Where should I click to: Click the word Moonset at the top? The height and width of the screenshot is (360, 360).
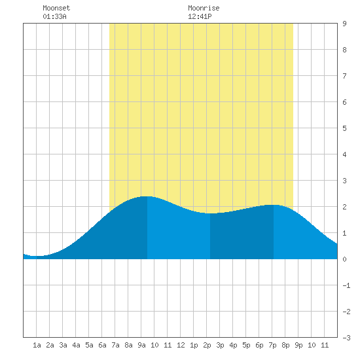tap(56, 8)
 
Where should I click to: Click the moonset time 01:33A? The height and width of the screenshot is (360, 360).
tap(54, 16)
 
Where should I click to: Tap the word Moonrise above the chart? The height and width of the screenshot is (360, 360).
tap(204, 8)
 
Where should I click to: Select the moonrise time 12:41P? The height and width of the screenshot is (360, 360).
tap(200, 16)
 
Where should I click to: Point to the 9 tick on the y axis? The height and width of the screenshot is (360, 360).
tap(344, 24)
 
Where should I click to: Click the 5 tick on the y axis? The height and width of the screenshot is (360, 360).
tap(344, 128)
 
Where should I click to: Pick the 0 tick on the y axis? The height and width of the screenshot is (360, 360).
tap(344, 259)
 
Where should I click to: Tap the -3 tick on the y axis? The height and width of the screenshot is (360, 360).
tap(346, 338)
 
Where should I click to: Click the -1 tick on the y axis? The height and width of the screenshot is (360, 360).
tap(346, 285)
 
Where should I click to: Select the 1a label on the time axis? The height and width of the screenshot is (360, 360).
tap(37, 345)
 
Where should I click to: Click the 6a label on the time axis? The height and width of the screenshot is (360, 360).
tap(102, 345)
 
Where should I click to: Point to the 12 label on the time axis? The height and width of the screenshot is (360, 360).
tap(181, 345)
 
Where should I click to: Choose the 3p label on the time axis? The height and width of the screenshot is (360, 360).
tap(220, 345)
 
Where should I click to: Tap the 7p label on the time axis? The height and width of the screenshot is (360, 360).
tap(272, 345)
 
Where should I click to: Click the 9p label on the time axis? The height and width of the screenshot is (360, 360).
tap(298, 345)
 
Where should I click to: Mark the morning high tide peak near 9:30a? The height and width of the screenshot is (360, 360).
tap(147, 196)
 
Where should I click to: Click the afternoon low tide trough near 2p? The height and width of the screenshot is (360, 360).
tap(210, 213)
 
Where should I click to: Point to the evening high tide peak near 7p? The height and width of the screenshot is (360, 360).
tap(274, 205)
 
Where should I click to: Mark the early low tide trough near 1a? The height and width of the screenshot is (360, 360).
tap(37, 256)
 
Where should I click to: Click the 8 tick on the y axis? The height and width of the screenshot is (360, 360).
tap(344, 50)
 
